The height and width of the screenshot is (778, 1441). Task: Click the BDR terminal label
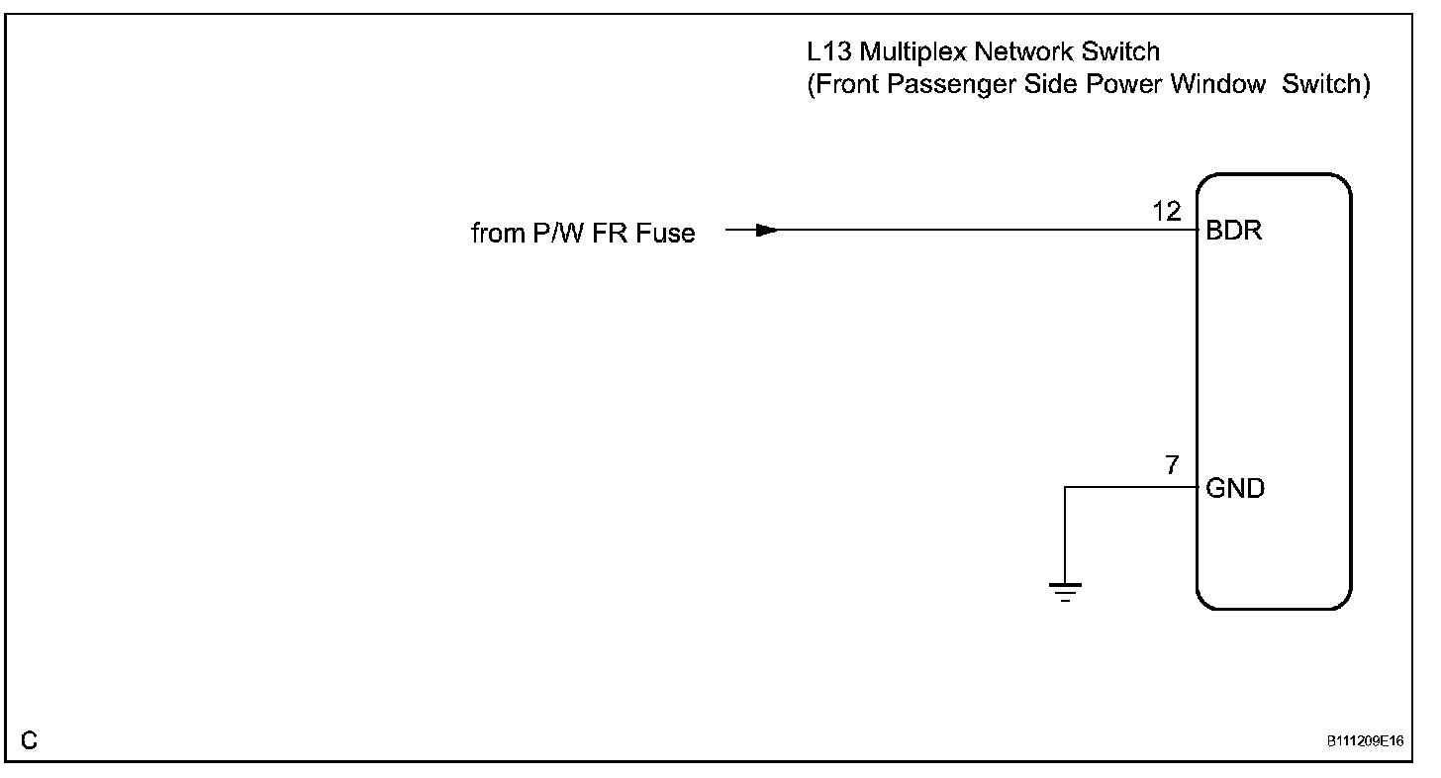1234,234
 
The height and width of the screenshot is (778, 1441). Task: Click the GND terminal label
1235,489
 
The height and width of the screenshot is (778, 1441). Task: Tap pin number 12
1168,211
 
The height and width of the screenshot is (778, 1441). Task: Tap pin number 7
1173,465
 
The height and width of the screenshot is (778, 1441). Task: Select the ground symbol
1065,592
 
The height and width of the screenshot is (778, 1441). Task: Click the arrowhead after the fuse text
765,231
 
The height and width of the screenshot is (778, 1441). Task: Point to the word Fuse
668,234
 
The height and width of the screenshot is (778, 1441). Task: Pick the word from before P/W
496,234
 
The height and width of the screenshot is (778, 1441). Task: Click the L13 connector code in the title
827,50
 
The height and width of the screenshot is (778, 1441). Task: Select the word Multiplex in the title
906,50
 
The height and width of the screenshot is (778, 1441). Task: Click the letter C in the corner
30,739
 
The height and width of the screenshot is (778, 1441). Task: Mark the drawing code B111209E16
1367,740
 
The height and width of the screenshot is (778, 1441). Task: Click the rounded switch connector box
1273,391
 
